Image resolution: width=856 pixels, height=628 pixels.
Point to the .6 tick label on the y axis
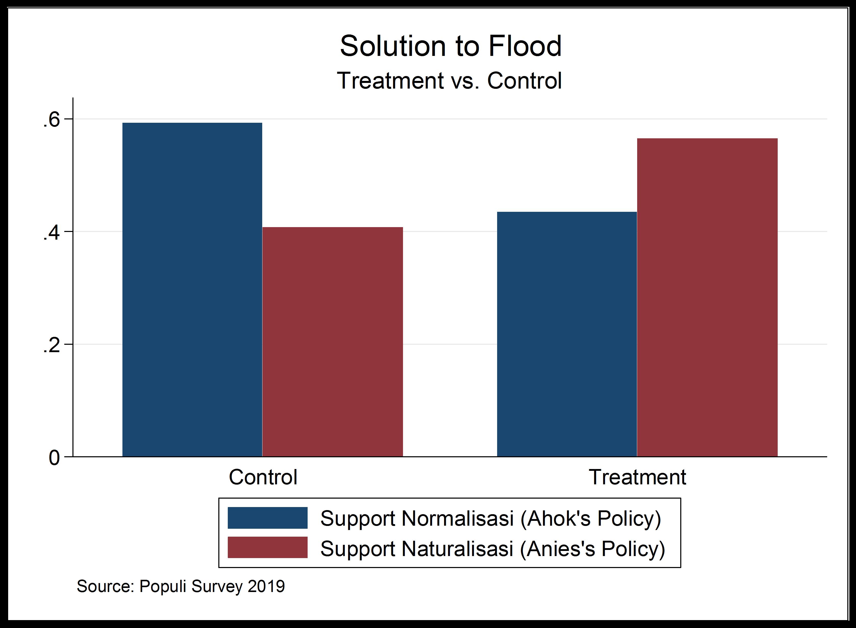point(51,120)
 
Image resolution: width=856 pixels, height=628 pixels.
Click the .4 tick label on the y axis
point(51,233)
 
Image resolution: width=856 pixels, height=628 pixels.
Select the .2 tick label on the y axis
point(51,346)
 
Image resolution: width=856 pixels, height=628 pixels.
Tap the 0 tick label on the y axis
point(54,458)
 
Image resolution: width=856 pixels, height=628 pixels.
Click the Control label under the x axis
point(263,477)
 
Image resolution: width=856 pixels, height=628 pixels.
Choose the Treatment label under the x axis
point(637,477)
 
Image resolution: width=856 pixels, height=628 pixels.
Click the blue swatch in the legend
point(268,518)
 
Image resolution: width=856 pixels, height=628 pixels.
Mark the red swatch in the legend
point(268,547)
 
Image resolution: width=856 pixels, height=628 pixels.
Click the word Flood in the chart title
point(525,46)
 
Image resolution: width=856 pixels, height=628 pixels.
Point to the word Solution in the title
point(393,46)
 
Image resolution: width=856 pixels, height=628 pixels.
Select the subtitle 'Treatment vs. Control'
point(449,81)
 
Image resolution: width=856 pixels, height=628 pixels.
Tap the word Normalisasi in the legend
point(458,518)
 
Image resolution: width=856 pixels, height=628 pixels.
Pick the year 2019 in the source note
point(266,586)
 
